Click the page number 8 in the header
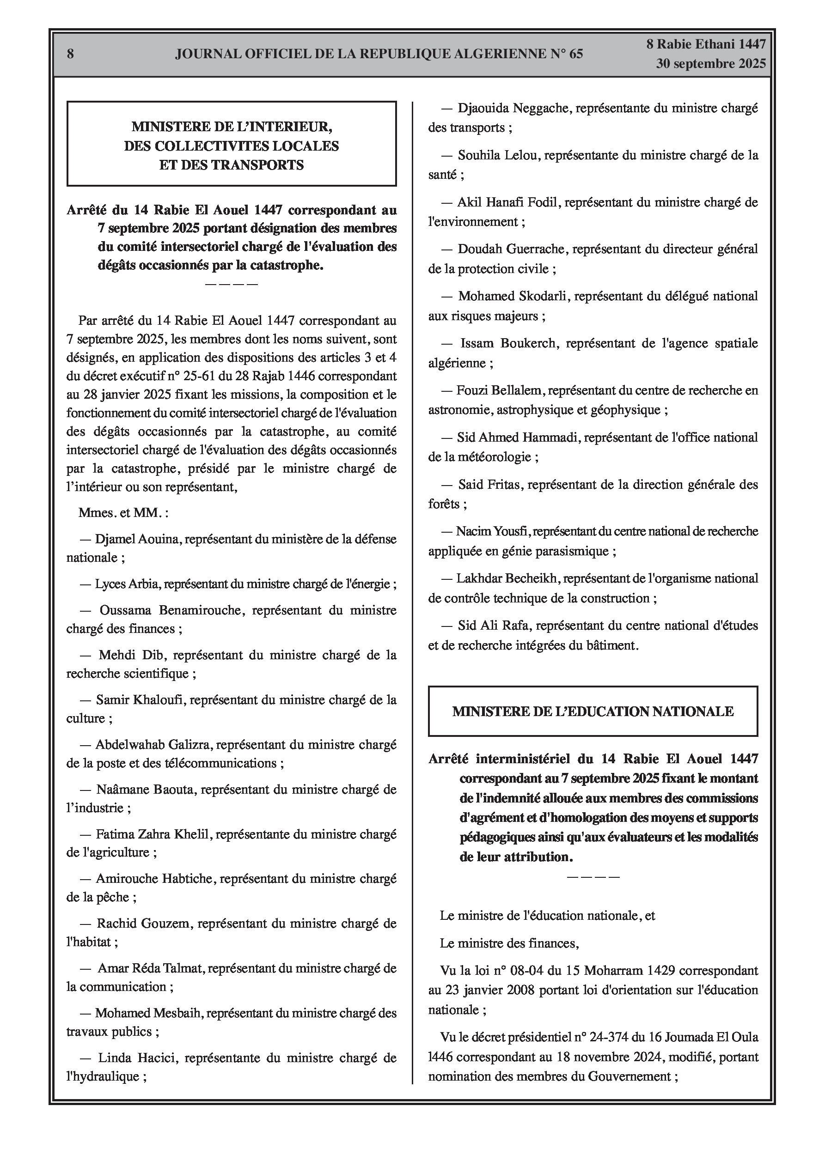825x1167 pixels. coord(70,54)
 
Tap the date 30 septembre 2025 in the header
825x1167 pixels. coord(710,64)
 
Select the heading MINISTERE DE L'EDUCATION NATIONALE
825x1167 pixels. coord(593,711)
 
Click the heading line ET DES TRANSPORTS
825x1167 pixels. coord(232,165)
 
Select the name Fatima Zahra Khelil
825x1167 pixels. coord(152,834)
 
